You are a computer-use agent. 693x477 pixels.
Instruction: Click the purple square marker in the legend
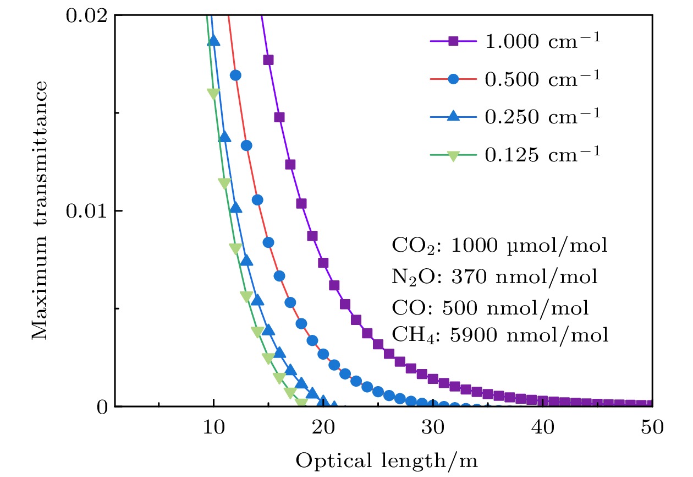pyautogui.click(x=453, y=41)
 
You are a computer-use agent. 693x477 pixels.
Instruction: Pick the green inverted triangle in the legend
pyautogui.click(x=453, y=156)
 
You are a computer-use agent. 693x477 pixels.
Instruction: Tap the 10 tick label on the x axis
pyautogui.click(x=213, y=428)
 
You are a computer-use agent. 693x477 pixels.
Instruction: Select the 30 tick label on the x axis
pyautogui.click(x=433, y=428)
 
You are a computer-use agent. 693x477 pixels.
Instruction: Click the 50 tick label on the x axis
pyautogui.click(x=652, y=428)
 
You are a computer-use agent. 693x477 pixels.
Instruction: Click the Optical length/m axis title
pyautogui.click(x=387, y=460)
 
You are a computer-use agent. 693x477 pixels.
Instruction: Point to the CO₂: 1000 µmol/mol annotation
pyautogui.click(x=499, y=246)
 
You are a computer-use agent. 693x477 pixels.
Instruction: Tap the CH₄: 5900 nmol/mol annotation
pyautogui.click(x=500, y=335)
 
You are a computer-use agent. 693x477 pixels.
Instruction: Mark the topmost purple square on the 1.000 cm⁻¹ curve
pyautogui.click(x=268, y=60)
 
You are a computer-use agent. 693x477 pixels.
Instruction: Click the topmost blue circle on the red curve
pyautogui.click(x=235, y=75)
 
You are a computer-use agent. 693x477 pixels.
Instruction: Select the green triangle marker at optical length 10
pyautogui.click(x=213, y=94)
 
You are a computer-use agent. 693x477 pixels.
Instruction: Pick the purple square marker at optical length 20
pyautogui.click(x=323, y=263)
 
